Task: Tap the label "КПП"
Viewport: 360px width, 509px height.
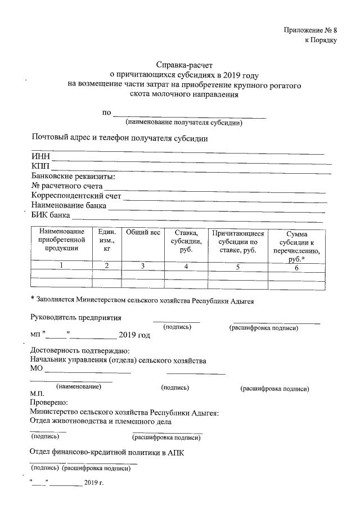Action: [40, 166]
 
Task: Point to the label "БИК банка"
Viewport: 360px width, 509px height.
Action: [51, 215]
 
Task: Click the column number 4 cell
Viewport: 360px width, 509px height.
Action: [186, 266]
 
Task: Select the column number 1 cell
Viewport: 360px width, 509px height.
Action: [61, 265]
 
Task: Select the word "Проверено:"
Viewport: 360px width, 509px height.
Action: [48, 402]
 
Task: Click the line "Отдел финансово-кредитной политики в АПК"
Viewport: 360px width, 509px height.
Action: [106, 452]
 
